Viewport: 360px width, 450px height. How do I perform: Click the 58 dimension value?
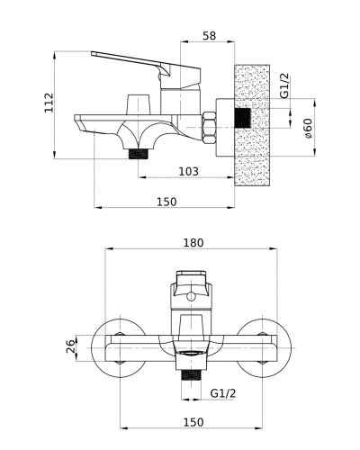pyautogui.click(x=209, y=36)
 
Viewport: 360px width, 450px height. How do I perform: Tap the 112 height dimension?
pyautogui.click(x=49, y=103)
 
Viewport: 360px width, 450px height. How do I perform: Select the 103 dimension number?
pyautogui.click(x=188, y=172)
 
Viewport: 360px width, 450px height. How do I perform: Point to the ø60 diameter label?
pyautogui.click(x=308, y=129)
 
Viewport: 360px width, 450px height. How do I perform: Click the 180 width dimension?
pyautogui.click(x=193, y=243)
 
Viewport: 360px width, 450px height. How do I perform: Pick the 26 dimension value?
pyautogui.click(x=69, y=346)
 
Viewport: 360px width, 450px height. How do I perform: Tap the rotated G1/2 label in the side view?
pyautogui.click(x=284, y=85)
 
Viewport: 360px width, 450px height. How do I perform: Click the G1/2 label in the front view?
pyautogui.click(x=223, y=393)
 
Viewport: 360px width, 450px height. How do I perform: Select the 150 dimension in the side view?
pyautogui.click(x=166, y=202)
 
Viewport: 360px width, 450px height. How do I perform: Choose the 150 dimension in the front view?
pyautogui.click(x=193, y=422)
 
